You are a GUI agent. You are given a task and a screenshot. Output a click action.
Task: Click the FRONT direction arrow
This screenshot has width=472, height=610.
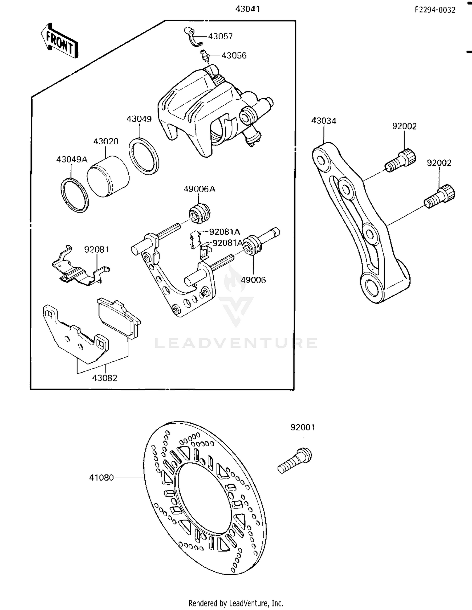coord(59,41)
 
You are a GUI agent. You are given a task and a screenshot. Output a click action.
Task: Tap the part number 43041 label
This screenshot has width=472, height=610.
coord(247,9)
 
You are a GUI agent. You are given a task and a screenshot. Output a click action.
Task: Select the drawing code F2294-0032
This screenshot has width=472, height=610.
coord(435,10)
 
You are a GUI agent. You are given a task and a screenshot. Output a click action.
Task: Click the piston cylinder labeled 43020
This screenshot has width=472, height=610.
coord(108,177)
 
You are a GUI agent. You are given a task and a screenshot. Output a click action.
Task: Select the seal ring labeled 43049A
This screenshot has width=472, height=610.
coord(75,195)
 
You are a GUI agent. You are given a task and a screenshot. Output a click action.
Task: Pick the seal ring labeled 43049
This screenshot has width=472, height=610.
coord(144,156)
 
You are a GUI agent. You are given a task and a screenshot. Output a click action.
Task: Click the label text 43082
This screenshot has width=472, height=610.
coord(104,378)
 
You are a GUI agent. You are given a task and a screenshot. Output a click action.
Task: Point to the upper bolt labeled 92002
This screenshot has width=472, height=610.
coord(401,161)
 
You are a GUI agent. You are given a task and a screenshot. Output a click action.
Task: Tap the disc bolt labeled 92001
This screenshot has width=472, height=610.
coord(295,461)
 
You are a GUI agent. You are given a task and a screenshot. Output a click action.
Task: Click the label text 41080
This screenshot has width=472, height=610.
coord(101,478)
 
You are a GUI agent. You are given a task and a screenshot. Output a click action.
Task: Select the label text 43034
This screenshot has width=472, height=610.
coord(323,121)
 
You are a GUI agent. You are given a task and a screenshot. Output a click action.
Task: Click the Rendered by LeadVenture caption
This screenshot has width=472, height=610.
coord(236,603)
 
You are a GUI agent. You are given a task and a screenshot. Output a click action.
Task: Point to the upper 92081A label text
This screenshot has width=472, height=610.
coord(224,232)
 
